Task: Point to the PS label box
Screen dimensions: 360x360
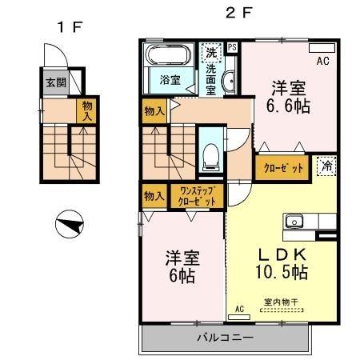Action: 232,47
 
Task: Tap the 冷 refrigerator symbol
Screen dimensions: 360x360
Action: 326,166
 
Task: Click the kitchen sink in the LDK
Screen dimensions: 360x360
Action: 293,221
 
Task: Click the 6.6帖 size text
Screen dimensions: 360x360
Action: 289,104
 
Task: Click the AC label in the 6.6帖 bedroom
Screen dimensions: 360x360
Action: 323,61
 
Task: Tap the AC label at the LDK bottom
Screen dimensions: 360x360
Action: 239,308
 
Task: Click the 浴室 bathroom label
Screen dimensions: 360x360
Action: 169,80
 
